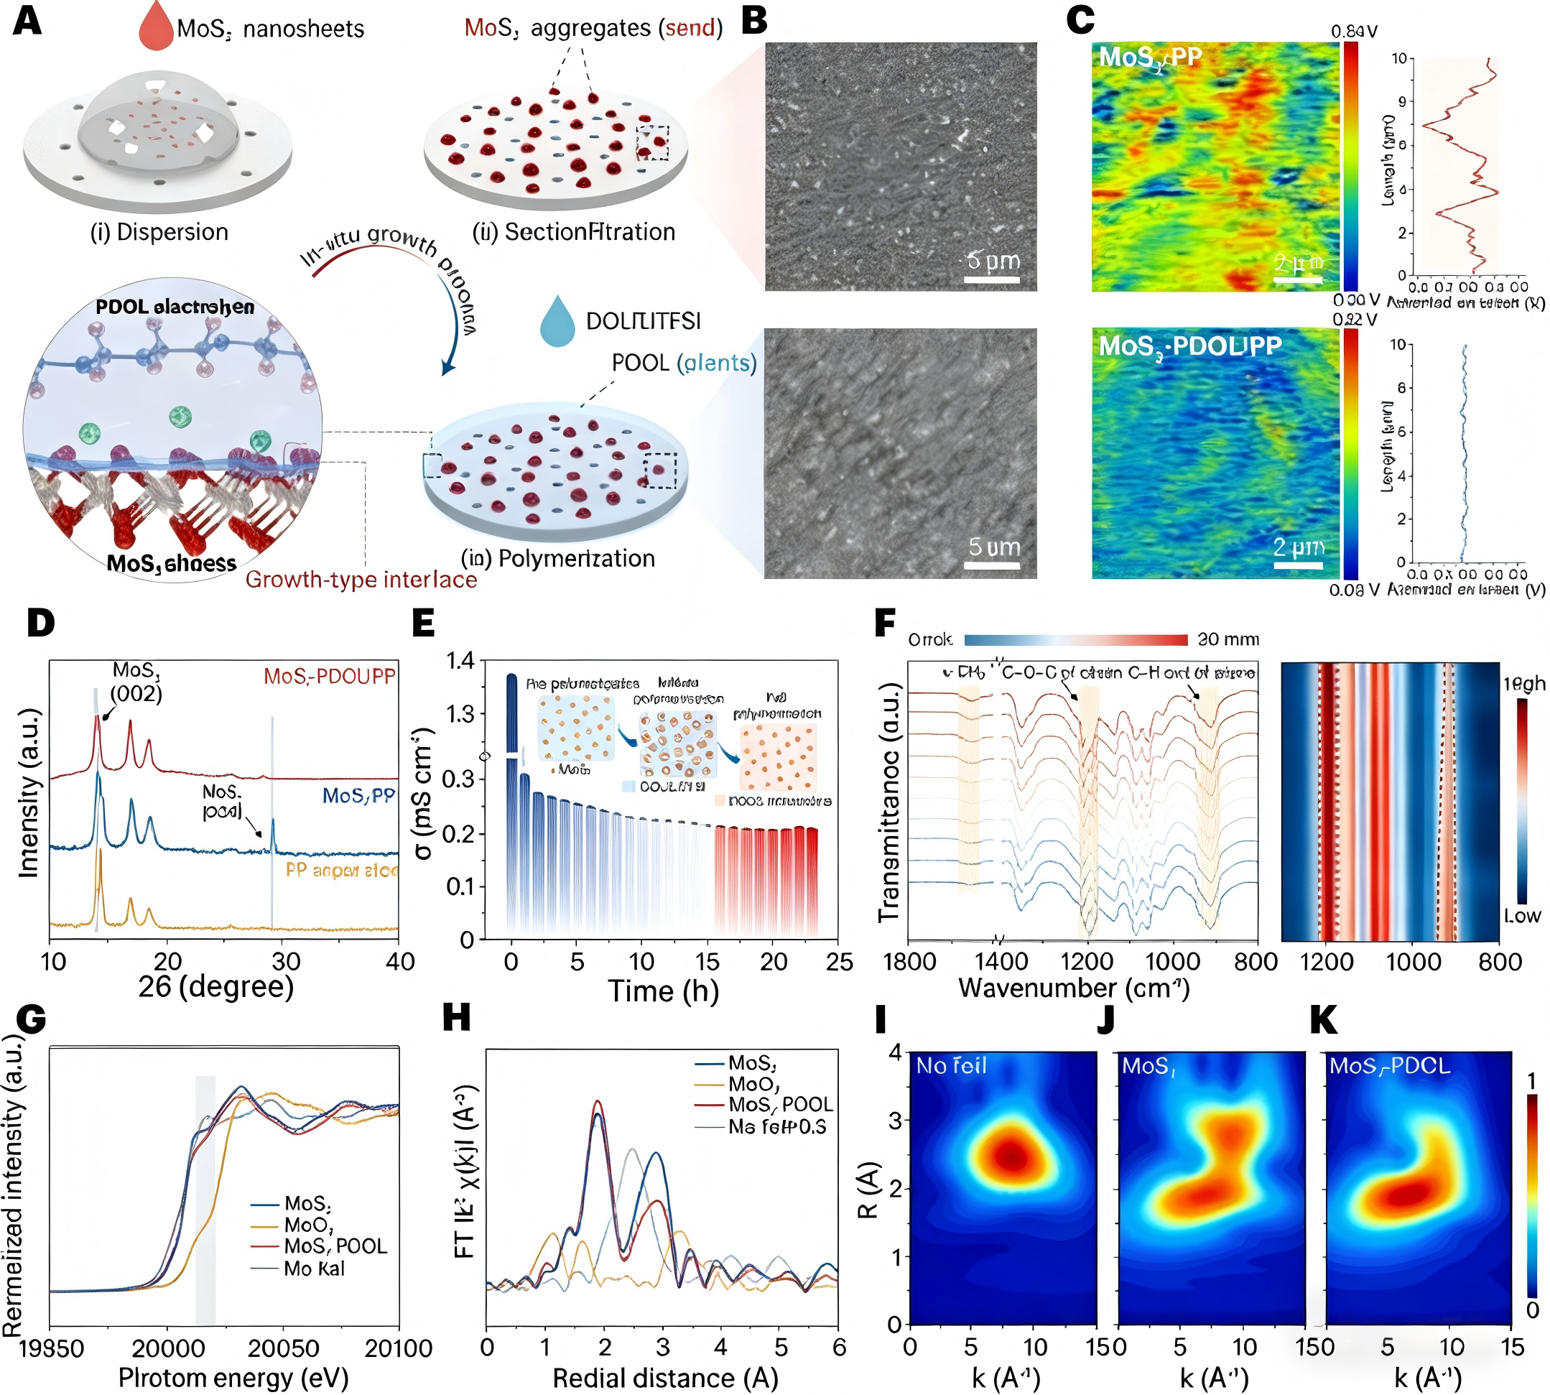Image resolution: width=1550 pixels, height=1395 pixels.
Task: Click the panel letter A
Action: click(x=27, y=21)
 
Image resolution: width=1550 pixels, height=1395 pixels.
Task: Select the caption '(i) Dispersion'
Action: click(x=159, y=232)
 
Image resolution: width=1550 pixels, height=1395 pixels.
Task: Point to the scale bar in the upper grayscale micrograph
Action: click(x=991, y=279)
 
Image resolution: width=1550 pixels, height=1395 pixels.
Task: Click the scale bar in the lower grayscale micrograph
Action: click(x=992, y=565)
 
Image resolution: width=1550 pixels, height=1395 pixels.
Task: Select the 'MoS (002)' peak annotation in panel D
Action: click(x=136, y=682)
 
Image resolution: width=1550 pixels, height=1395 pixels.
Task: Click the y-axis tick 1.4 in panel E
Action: click(x=460, y=661)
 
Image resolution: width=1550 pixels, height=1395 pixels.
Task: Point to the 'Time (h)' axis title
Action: click(x=663, y=991)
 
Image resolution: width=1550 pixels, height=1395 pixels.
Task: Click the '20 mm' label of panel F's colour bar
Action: click(x=1228, y=639)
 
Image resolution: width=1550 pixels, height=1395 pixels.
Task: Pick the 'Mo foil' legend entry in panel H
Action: click(x=776, y=1127)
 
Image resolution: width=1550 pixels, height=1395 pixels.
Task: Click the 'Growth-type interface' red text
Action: click(x=361, y=580)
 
